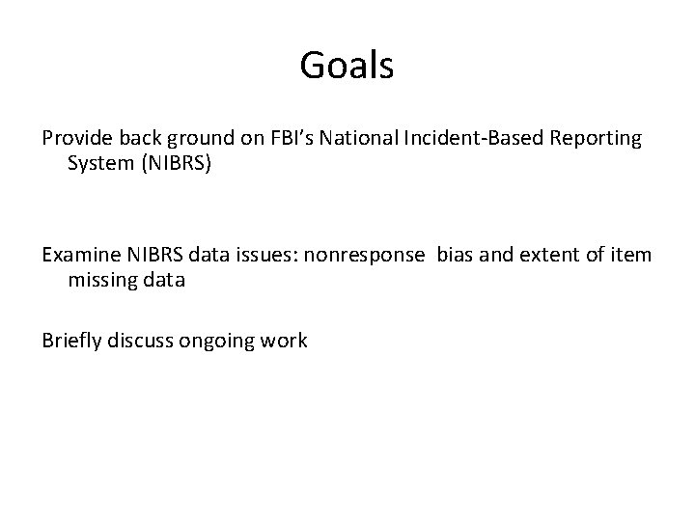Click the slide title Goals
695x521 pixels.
pos(347,66)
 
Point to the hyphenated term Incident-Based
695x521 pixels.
pos(451,138)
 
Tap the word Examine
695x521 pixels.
pos(81,255)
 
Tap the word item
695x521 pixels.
pos(632,255)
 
